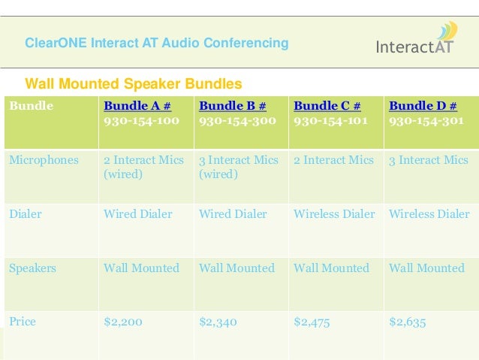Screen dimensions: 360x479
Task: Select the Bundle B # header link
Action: pyautogui.click(x=232, y=106)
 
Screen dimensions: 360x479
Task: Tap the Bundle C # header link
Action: pyautogui.click(x=327, y=106)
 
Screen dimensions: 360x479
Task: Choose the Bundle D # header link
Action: pyautogui.click(x=422, y=106)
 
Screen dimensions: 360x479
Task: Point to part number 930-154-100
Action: pyautogui.click(x=141, y=120)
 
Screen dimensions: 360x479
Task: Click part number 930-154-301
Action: pyautogui.click(x=426, y=120)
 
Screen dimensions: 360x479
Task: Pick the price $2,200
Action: pyautogui.click(x=123, y=322)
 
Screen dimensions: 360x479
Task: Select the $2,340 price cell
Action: pyautogui.click(x=218, y=322)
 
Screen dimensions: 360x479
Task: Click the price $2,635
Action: pyautogui.click(x=408, y=322)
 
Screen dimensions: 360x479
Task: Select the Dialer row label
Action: pyautogui.click(x=26, y=214)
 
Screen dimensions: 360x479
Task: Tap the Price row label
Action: pyautogui.click(x=23, y=322)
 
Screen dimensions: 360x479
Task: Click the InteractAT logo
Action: pyautogui.click(x=415, y=41)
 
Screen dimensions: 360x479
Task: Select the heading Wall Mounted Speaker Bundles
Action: pyautogui.click(x=134, y=83)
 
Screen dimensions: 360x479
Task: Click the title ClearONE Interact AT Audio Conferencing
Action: pyautogui.click(x=157, y=43)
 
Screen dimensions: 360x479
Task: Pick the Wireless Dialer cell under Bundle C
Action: pyautogui.click(x=334, y=214)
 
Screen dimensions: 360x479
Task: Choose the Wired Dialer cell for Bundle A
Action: pyautogui.click(x=137, y=214)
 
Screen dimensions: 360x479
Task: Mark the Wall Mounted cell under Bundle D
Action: pyautogui.click(x=426, y=268)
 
